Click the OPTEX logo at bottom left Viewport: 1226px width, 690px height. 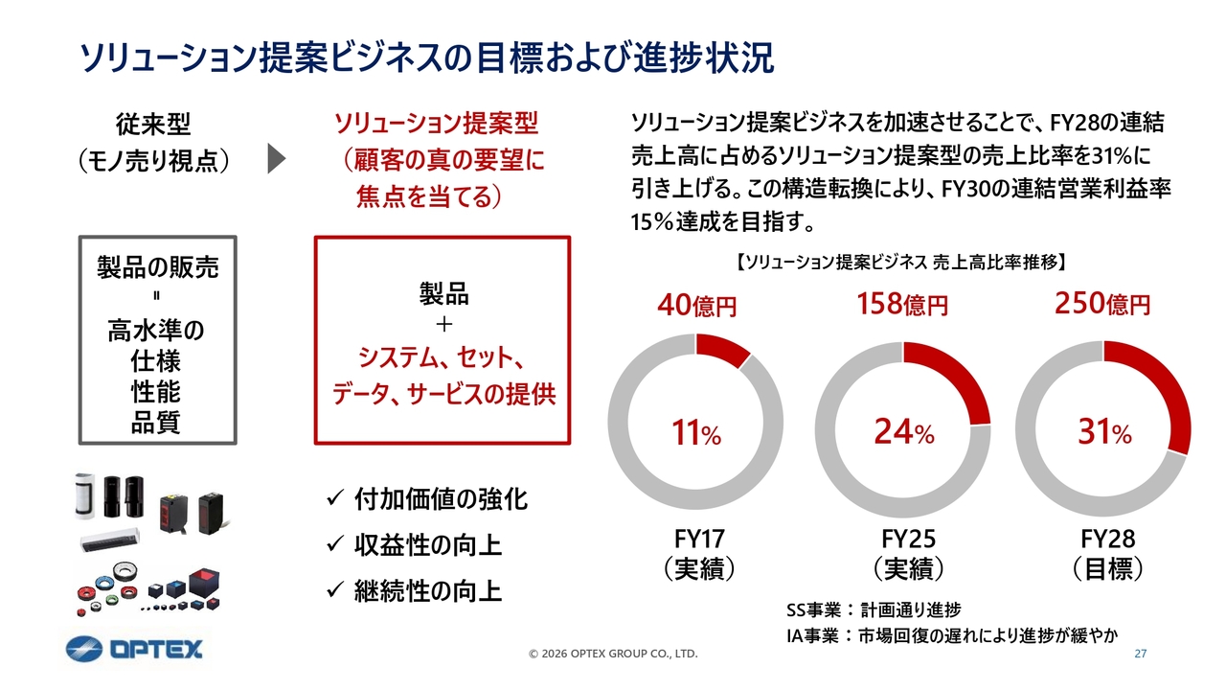tap(135, 650)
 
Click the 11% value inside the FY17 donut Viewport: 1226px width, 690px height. tap(695, 434)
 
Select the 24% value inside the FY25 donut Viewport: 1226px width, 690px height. tap(903, 434)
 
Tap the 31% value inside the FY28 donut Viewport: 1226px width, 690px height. tap(1103, 434)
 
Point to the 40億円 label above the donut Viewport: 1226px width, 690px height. tap(696, 307)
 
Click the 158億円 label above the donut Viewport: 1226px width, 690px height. tap(901, 305)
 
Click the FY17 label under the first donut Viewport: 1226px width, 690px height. tap(696, 538)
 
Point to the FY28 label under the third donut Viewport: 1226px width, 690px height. tap(1107, 538)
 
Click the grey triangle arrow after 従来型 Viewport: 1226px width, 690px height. tap(276, 158)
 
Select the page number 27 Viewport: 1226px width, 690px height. tap(1140, 655)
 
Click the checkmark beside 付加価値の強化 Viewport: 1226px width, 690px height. tap(335, 498)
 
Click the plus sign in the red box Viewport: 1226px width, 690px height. tap(443, 324)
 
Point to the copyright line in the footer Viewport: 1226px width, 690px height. tap(613, 655)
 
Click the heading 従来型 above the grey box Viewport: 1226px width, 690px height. tap(153, 125)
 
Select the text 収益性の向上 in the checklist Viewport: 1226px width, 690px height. tap(427, 545)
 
